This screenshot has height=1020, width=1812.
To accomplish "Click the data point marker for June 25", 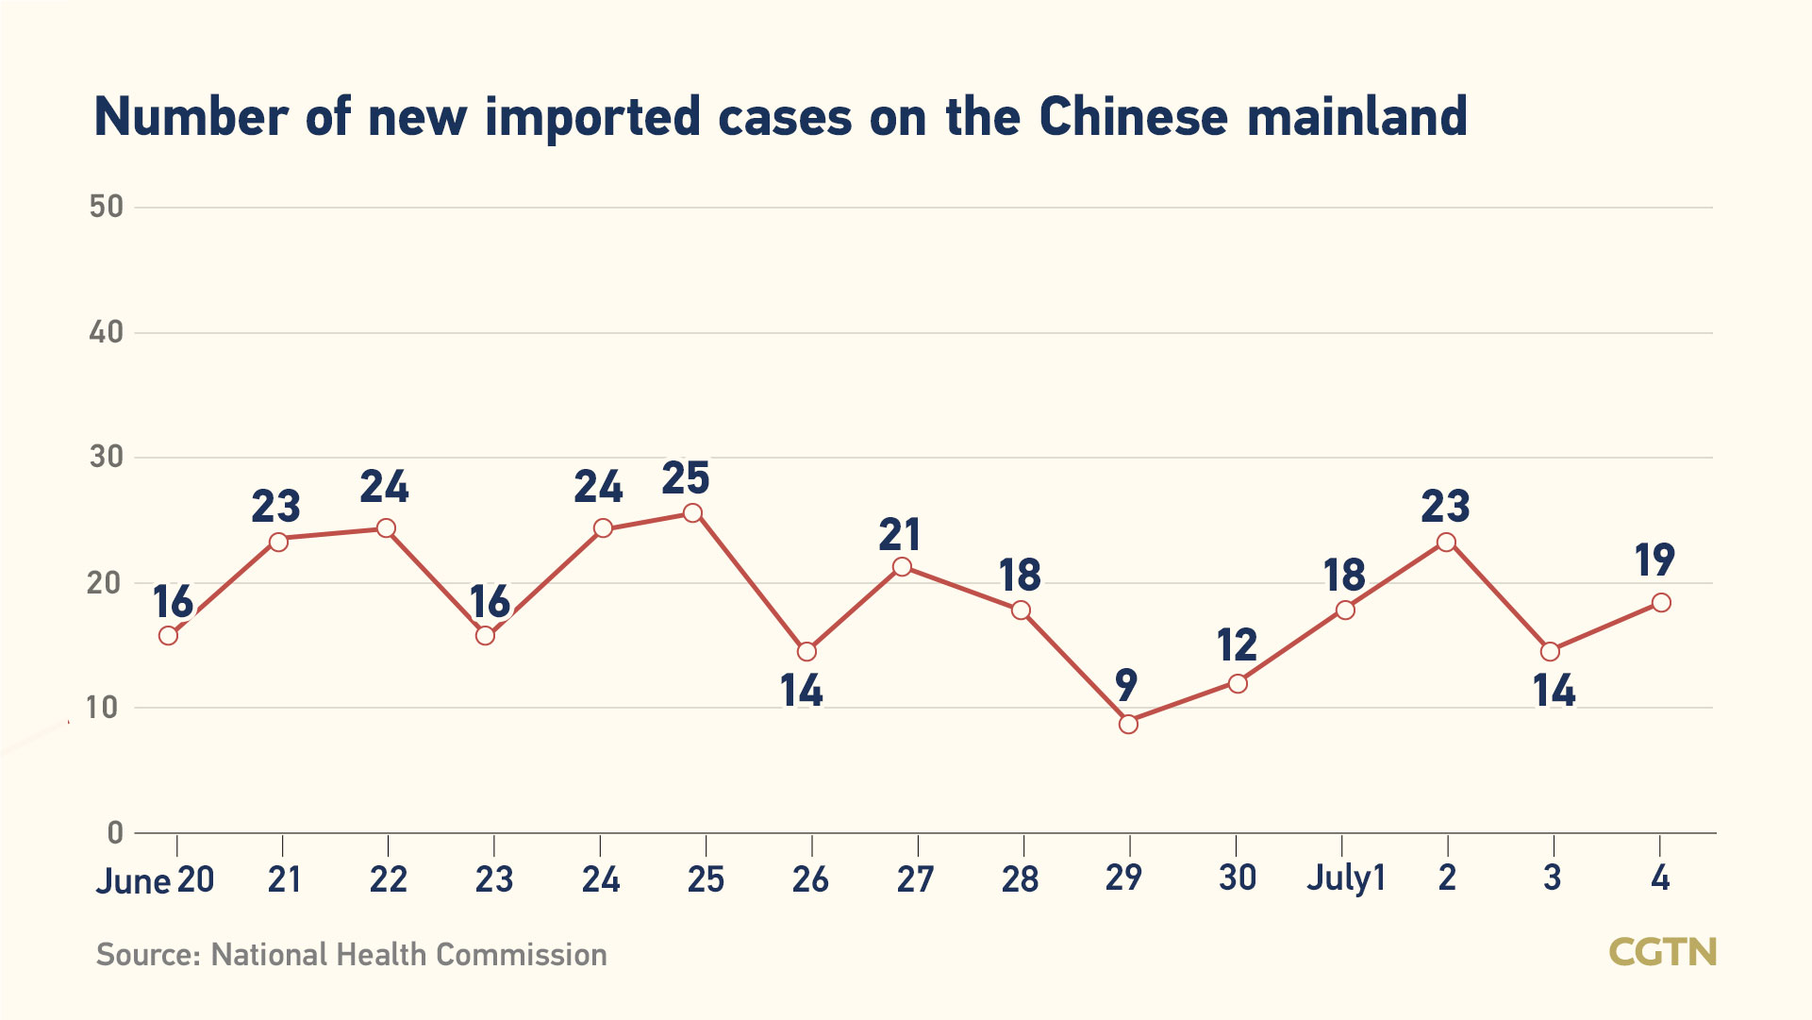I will click(692, 513).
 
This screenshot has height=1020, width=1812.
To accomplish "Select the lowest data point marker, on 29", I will click(1128, 724).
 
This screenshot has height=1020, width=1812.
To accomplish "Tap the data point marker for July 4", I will click(1661, 602).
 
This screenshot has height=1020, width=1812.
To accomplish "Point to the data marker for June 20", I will click(168, 635).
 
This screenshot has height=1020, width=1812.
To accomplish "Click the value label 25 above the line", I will click(686, 478).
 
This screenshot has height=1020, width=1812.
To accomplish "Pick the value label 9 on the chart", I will click(1125, 685).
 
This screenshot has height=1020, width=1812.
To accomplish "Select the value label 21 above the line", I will click(900, 535).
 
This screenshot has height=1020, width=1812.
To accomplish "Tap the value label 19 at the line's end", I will click(1654, 560).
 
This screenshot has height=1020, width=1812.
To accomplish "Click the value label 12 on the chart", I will click(1237, 645).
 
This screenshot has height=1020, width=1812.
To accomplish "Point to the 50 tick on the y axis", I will click(107, 207).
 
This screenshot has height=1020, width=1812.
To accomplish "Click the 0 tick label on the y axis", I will click(115, 832).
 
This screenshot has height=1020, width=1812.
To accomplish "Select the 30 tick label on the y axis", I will click(107, 458).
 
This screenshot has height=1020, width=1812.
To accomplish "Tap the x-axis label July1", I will click(1345, 878).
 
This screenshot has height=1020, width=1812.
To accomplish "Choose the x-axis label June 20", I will click(156, 880).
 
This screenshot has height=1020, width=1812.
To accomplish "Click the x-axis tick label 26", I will click(810, 879).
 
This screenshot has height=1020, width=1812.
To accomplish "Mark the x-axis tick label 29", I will click(1124, 878).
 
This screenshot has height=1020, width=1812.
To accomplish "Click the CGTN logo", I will click(1662, 952).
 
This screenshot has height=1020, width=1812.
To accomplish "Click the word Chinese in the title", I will click(1134, 117).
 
